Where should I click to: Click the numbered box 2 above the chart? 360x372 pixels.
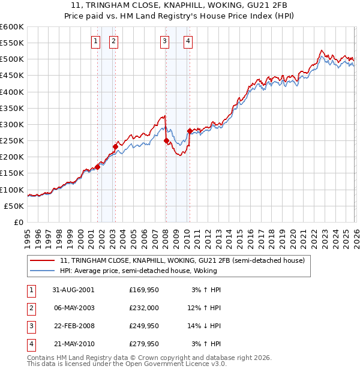(113, 41)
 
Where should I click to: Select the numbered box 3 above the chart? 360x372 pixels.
(164, 41)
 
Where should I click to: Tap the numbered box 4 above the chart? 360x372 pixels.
(188, 41)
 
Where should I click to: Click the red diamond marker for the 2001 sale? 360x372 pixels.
(97, 167)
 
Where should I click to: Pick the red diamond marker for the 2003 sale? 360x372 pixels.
(115, 146)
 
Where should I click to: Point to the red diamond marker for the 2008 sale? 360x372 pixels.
(166, 141)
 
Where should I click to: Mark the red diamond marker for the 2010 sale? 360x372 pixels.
(190, 131)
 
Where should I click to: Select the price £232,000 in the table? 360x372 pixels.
(144, 307)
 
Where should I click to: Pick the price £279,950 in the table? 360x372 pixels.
(144, 344)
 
